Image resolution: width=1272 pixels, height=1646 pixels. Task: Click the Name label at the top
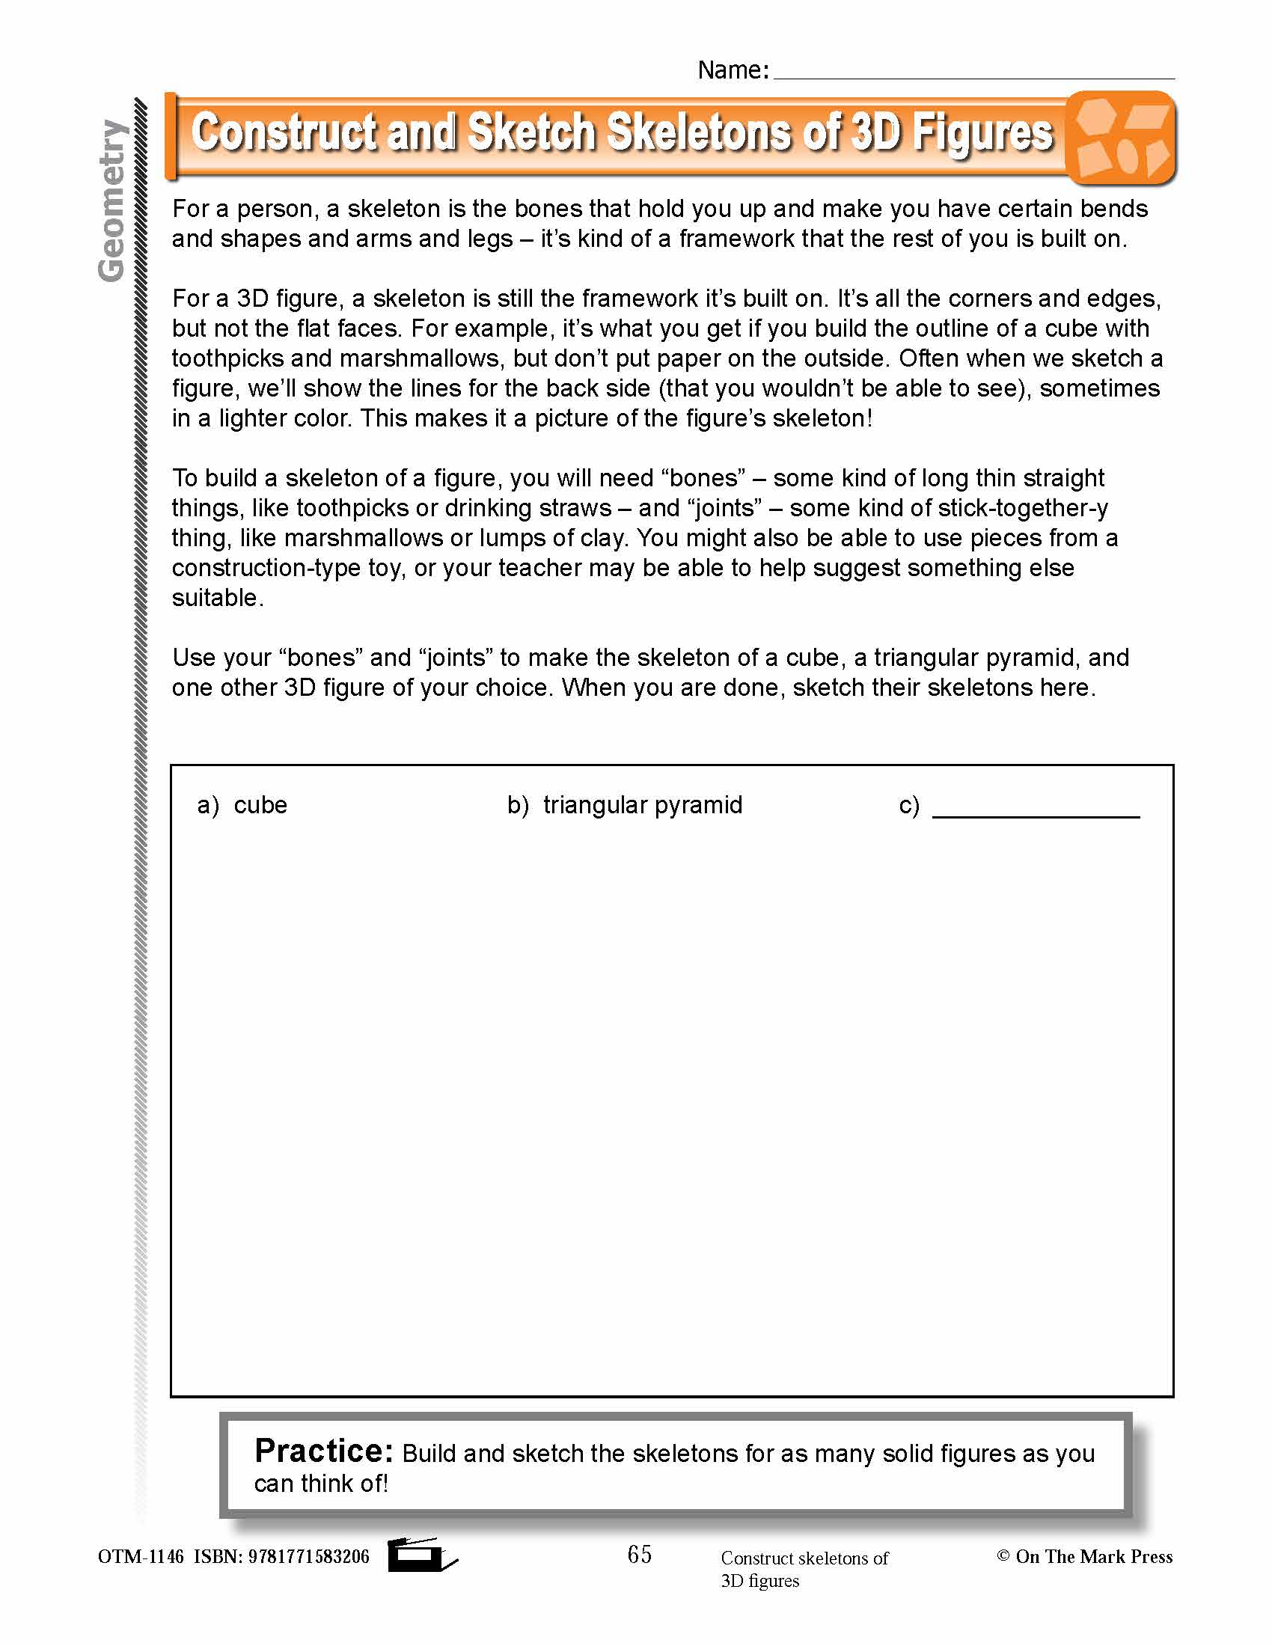pos(733,70)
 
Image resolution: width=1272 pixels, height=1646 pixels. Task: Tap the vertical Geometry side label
pos(111,201)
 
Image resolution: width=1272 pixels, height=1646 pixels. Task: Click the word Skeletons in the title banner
pos(699,132)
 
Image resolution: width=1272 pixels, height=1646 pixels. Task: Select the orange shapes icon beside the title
pos(1122,138)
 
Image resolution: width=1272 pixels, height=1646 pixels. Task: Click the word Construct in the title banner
pos(284,132)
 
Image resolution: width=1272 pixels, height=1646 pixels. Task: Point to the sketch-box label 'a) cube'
pos(242,805)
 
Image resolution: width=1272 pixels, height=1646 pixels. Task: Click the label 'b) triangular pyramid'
pos(625,805)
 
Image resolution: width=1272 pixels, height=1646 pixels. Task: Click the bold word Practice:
pos(323,1451)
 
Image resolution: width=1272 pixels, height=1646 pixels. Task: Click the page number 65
pos(639,1554)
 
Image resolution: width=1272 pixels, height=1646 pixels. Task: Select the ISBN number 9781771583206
pos(308,1556)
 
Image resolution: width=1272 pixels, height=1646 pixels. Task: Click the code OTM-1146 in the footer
pos(141,1556)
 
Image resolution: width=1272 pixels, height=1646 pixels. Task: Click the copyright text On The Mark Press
pos(1092,1556)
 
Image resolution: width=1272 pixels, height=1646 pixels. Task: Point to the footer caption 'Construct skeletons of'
pos(804,1558)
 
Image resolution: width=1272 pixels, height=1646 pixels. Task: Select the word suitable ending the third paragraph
pos(215,598)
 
